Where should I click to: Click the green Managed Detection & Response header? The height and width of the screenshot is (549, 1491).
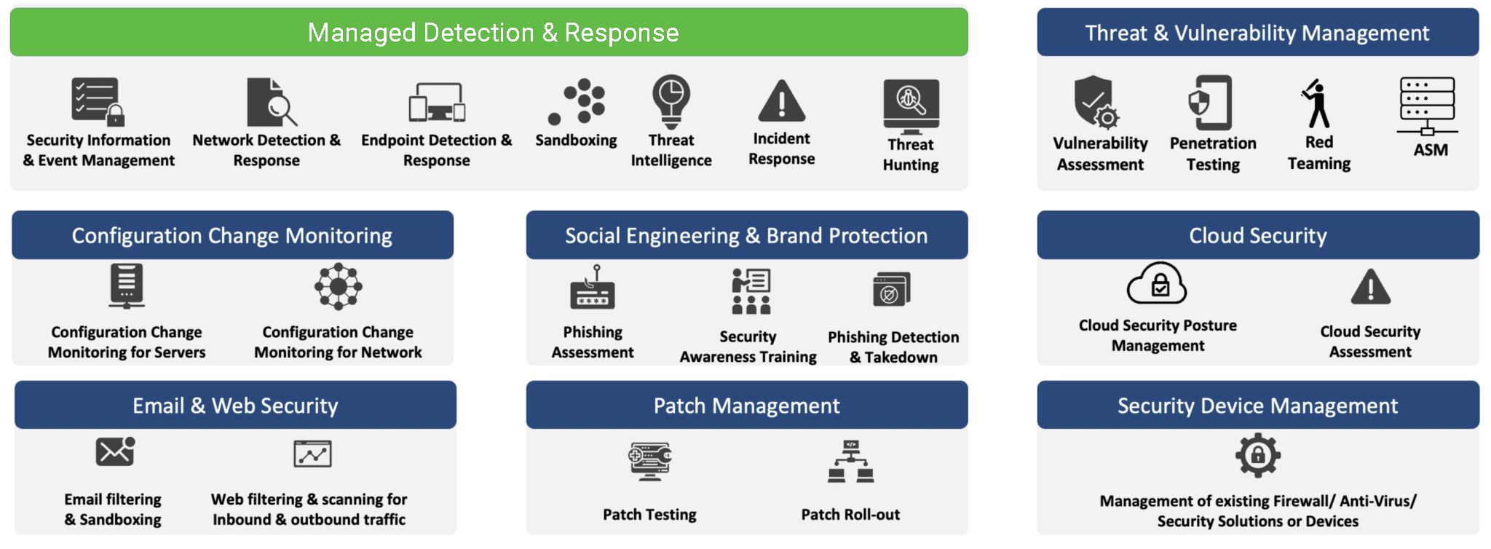coord(489,33)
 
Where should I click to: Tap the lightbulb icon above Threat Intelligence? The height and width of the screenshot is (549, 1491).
coord(671,100)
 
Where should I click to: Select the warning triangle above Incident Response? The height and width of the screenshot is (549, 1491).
coord(781,101)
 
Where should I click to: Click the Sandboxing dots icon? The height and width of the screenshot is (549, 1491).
coord(577,101)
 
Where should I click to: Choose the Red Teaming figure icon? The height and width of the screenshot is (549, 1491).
coord(1317,103)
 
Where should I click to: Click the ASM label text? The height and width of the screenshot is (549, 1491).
coord(1431,150)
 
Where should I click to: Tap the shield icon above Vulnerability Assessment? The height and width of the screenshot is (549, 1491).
coord(1095,101)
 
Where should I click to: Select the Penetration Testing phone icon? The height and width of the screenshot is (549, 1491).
coord(1211,102)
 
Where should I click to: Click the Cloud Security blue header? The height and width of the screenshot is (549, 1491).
coord(1258,235)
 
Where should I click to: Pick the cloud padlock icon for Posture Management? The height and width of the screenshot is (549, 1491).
coord(1157,283)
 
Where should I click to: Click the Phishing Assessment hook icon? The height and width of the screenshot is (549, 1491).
coord(593,288)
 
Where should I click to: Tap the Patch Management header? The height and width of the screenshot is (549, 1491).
coord(747,406)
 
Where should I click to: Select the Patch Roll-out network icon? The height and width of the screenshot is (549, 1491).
coord(850,461)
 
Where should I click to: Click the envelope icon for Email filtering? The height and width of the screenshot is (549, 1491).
coord(115,451)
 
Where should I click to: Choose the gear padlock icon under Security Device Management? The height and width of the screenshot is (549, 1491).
coord(1257,455)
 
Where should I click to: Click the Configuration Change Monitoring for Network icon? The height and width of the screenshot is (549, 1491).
coord(338,286)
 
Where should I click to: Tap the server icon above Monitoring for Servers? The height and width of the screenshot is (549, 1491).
coord(127,286)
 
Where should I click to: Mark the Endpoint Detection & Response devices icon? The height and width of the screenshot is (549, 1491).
coord(437,103)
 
